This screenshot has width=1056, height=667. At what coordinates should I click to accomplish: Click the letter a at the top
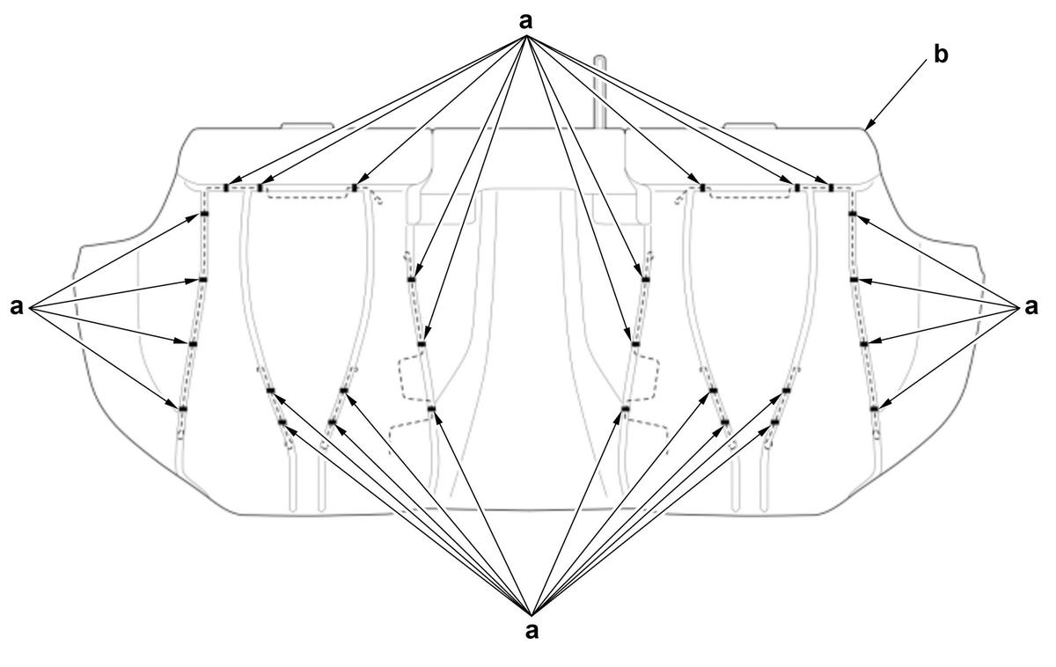pos(525,21)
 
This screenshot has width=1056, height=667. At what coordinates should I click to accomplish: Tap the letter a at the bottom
pos(532,631)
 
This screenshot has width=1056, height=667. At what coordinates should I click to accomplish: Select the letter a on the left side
pos(17,307)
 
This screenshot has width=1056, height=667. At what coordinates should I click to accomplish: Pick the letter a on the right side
pos(1031,307)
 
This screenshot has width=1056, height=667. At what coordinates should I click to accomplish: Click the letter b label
pos(941,55)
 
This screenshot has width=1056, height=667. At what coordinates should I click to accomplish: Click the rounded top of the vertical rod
pos(599,59)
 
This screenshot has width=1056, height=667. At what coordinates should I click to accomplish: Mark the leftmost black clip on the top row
pos(226,187)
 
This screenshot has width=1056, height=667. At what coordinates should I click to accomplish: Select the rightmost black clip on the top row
pos(831,187)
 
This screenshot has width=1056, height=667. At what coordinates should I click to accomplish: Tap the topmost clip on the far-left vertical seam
pos(204,214)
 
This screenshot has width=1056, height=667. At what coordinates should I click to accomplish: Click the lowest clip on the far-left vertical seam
pos(183,408)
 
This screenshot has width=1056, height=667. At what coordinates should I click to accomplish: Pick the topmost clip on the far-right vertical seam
pos(853,214)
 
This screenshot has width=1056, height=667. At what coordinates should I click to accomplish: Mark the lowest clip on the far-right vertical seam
pos(874,408)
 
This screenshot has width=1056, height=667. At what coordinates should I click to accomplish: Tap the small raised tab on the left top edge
pos(307,125)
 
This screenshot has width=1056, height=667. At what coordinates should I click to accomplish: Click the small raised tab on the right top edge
pos(750,125)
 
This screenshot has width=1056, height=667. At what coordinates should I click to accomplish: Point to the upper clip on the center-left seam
pos(411,280)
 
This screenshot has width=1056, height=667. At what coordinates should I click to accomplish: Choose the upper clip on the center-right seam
pos(646,280)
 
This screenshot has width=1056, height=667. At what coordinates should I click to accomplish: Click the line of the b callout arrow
pos(896,94)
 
